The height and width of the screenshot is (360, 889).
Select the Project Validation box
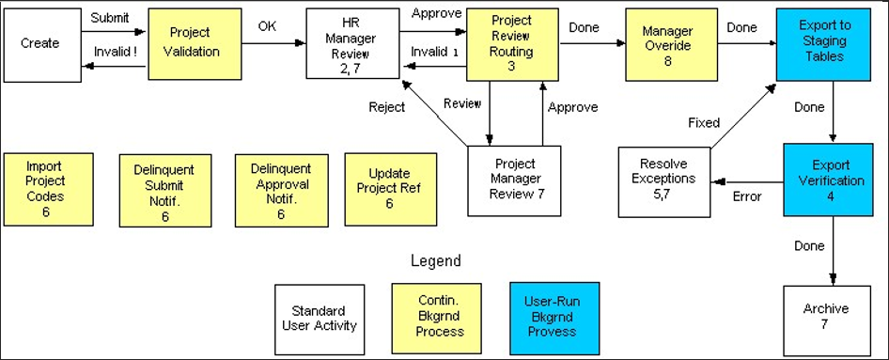(189, 44)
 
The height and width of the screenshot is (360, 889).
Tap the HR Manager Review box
(347, 44)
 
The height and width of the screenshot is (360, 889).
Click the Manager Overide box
(667, 44)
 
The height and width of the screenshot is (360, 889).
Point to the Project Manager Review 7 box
(515, 179)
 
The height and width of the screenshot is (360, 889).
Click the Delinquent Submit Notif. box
(163, 191)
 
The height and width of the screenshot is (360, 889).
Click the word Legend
(436, 260)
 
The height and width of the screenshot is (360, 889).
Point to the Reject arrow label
(386, 107)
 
